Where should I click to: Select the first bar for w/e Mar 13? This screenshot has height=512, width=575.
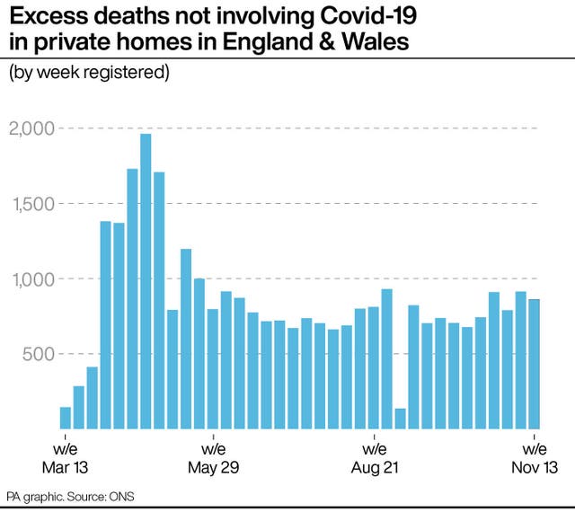pos(66,418)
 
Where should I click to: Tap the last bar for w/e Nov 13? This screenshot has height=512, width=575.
pos(534,364)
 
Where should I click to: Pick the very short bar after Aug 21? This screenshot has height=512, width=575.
pos(400,419)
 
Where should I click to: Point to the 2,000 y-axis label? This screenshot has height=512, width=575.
pos(31,128)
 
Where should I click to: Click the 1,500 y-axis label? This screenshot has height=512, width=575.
pos(31,204)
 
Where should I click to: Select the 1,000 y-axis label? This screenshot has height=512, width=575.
pos(31,278)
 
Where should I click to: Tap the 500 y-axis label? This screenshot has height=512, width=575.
pos(38,354)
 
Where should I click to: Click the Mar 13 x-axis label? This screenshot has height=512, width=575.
pos(66,468)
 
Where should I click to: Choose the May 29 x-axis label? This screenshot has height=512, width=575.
pos(213,468)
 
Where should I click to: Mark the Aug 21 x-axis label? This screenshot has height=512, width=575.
pos(373,468)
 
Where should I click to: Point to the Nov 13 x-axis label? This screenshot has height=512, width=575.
pos(535,468)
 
